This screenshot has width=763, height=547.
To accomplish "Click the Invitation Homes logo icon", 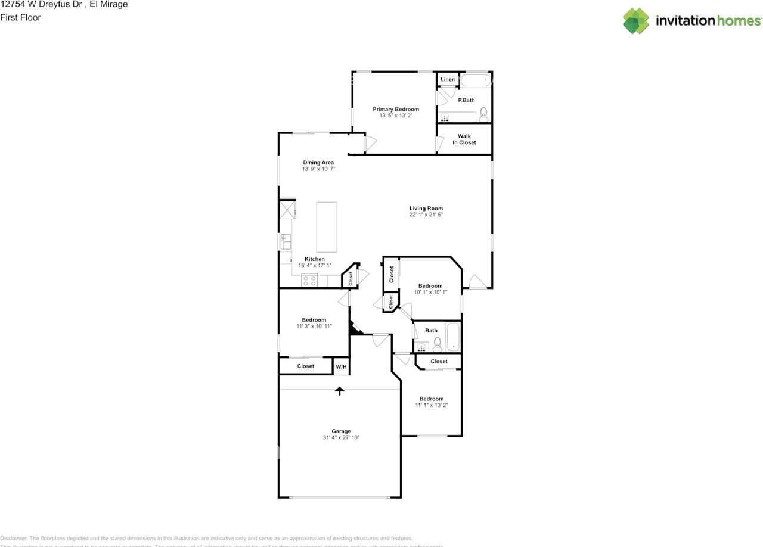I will [x=636, y=21].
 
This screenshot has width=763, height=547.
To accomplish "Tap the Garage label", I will [x=341, y=431].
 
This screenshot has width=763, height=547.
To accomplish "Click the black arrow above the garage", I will [x=340, y=391].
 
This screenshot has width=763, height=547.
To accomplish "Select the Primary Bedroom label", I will [x=396, y=109].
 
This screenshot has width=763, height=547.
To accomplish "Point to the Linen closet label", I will [x=448, y=79].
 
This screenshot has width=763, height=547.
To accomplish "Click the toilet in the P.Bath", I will [x=483, y=113].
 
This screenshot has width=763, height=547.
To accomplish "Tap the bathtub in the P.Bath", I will [x=477, y=80].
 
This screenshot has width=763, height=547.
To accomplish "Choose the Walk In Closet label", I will [x=464, y=139].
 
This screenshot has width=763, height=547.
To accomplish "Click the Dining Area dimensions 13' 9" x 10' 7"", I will [x=318, y=169].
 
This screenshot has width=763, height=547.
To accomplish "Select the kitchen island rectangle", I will [x=326, y=227].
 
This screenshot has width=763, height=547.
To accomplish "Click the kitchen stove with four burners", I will [x=309, y=280].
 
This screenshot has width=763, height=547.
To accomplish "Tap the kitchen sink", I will [x=286, y=242].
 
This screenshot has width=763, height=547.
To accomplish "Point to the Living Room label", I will [x=426, y=208].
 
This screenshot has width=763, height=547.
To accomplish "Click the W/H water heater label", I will [x=341, y=367].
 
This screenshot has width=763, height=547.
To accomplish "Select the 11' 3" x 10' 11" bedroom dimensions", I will [x=314, y=327].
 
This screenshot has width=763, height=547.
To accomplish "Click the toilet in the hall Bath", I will [x=437, y=344].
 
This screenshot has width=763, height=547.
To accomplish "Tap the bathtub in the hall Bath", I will [x=453, y=337].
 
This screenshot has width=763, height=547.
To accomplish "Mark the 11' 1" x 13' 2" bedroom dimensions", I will [x=431, y=405].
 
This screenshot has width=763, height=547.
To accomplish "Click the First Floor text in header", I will [x=20, y=17].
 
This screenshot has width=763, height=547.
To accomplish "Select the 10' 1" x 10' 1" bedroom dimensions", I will [x=430, y=292].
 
